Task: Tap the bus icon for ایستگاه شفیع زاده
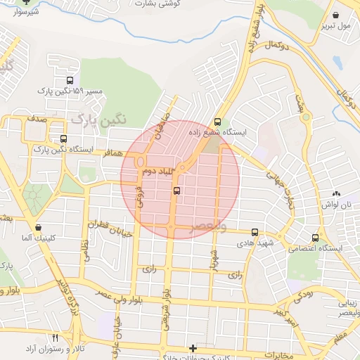217,121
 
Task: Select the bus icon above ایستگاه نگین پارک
64,139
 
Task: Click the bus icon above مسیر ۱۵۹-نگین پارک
69,81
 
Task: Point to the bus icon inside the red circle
176,190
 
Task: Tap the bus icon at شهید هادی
255,231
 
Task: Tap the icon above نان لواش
336,193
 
